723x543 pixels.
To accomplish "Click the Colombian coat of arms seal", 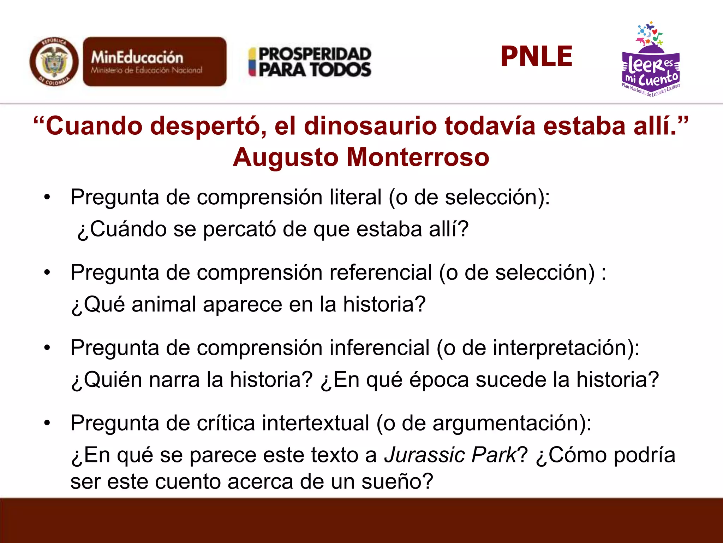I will point(54,62).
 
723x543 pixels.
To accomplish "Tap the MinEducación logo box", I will point(155,62).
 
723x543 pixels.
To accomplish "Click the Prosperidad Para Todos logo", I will point(310,62).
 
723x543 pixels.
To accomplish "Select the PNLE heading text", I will point(536,57).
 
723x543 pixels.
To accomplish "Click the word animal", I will point(164,304).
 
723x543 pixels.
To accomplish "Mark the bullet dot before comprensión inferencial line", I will point(47,348).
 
